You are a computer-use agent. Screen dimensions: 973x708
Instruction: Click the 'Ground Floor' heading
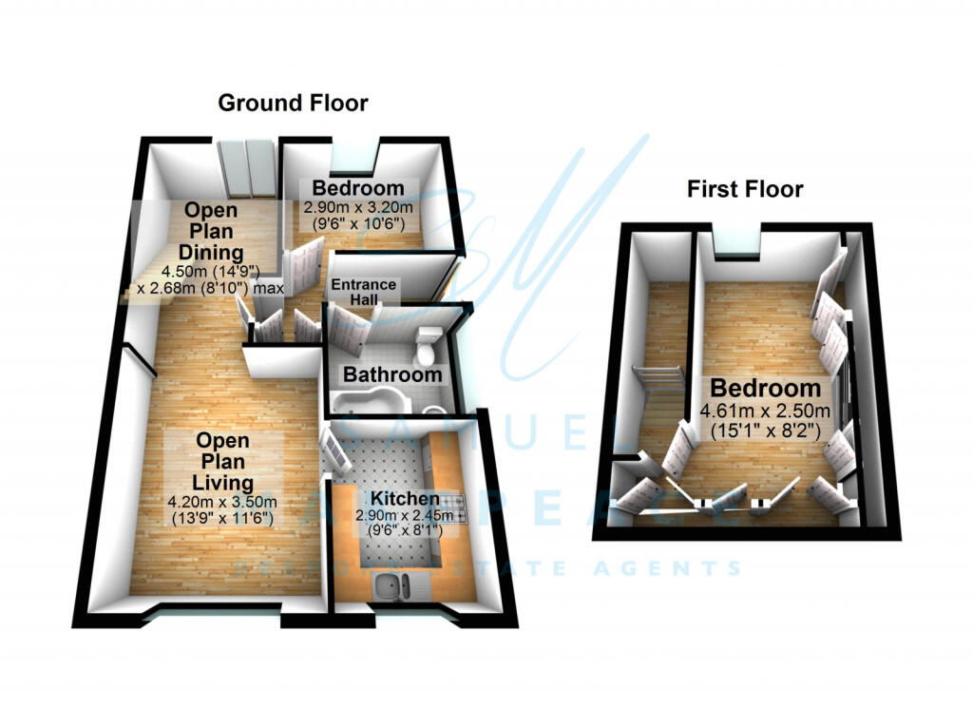(293, 103)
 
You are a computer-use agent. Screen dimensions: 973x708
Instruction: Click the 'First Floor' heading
(745, 189)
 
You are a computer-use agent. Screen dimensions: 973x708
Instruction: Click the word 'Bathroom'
(392, 374)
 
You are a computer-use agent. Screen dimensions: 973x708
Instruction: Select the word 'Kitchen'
(404, 499)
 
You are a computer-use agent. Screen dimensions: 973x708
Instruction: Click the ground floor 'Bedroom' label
(353, 187)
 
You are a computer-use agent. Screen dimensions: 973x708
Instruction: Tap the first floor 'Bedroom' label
(765, 388)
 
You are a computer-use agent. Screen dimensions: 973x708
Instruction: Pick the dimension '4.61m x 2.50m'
(765, 411)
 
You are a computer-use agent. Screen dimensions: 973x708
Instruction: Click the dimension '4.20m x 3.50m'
(223, 503)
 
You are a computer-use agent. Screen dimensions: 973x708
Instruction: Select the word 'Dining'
(210, 252)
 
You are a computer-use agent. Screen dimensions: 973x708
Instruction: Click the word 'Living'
(223, 481)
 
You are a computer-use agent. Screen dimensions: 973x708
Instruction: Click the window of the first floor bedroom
(734, 245)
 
